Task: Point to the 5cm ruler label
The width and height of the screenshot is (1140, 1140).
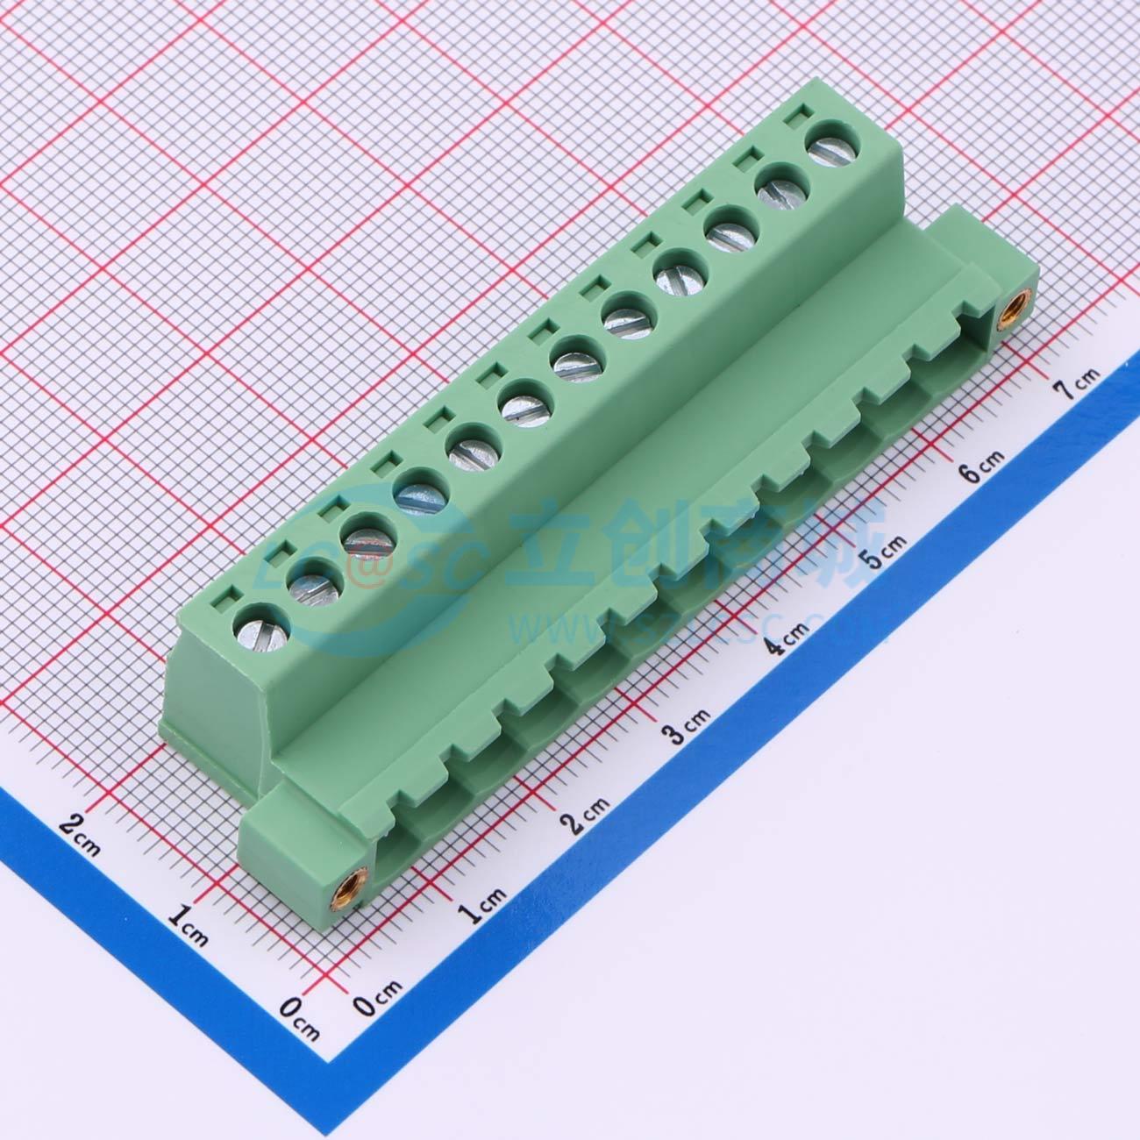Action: (885, 552)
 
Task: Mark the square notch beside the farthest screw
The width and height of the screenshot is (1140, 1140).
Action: (799, 114)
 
